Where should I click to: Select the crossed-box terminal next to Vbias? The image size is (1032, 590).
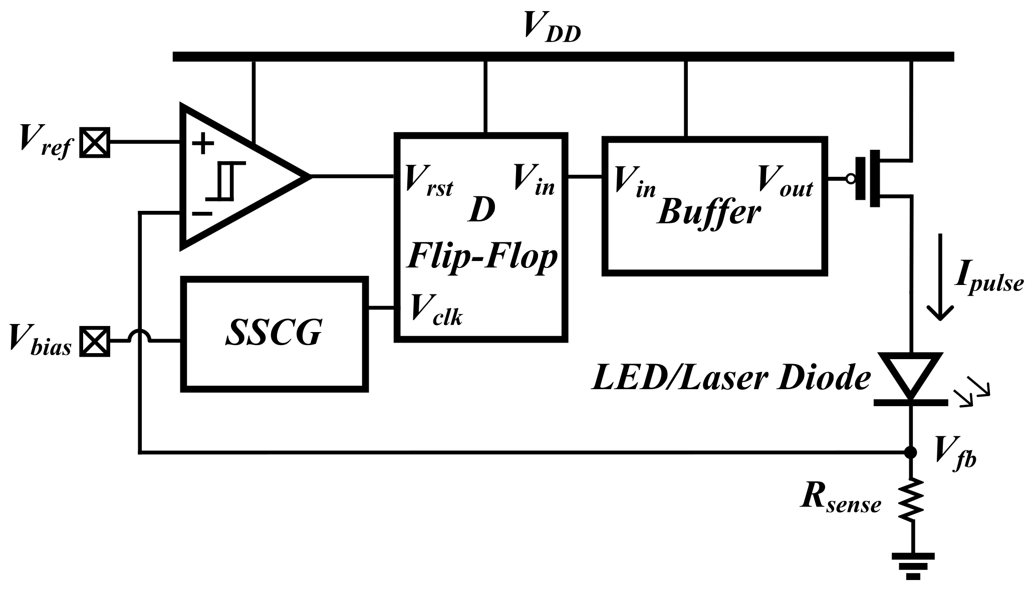click(95, 341)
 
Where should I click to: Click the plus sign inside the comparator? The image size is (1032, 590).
click(203, 144)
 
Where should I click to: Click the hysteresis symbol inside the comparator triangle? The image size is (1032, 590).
click(226, 181)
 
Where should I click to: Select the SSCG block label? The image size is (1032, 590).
click(274, 333)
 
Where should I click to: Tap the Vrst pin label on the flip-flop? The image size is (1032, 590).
click(429, 180)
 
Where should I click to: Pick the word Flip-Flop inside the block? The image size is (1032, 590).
click(481, 256)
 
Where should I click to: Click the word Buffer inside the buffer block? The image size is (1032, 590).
click(709, 212)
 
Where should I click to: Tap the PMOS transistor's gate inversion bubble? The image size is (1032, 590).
click(850, 178)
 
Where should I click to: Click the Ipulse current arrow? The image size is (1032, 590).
click(940, 277)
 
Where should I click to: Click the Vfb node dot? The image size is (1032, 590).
click(911, 452)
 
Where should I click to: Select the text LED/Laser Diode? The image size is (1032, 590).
click(731, 378)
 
